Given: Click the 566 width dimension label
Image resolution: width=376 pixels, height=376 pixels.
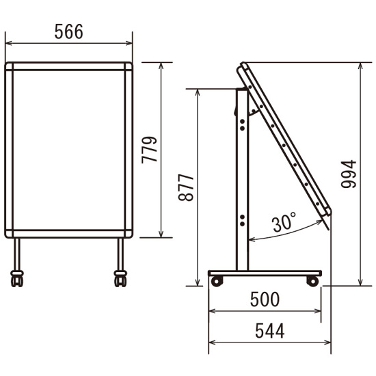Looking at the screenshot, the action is pyautogui.click(x=69, y=31).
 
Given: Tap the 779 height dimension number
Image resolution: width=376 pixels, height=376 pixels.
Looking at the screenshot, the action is pyautogui.click(x=150, y=150).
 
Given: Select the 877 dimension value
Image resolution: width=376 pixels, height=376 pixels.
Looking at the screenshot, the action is pyautogui.click(x=186, y=188).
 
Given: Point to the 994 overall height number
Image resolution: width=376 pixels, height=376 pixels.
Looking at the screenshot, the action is pyautogui.click(x=349, y=174).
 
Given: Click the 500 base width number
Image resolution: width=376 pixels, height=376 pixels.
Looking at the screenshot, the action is pyautogui.click(x=265, y=299).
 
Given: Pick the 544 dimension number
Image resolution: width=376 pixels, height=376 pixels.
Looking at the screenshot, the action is pyautogui.click(x=270, y=331).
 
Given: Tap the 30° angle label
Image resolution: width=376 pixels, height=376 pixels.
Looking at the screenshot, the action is pyautogui.click(x=284, y=222).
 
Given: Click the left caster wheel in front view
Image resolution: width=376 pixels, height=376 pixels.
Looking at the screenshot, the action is pyautogui.click(x=17, y=279).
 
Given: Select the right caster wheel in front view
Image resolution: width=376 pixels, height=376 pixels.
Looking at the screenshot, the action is pyautogui.click(x=120, y=279).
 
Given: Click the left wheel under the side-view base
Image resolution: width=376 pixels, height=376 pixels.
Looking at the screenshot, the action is pyautogui.click(x=217, y=281).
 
